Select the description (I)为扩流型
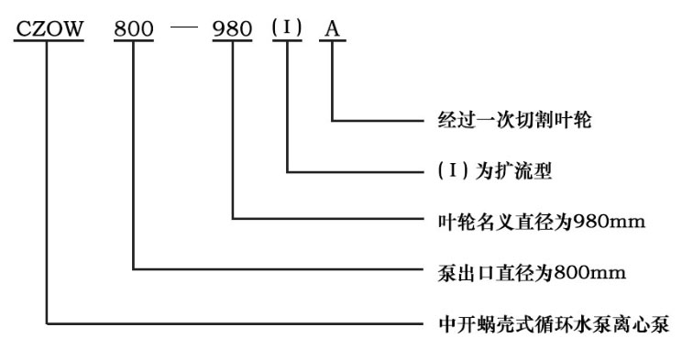[x=487, y=170]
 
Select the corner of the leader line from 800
[x=134, y=269]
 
